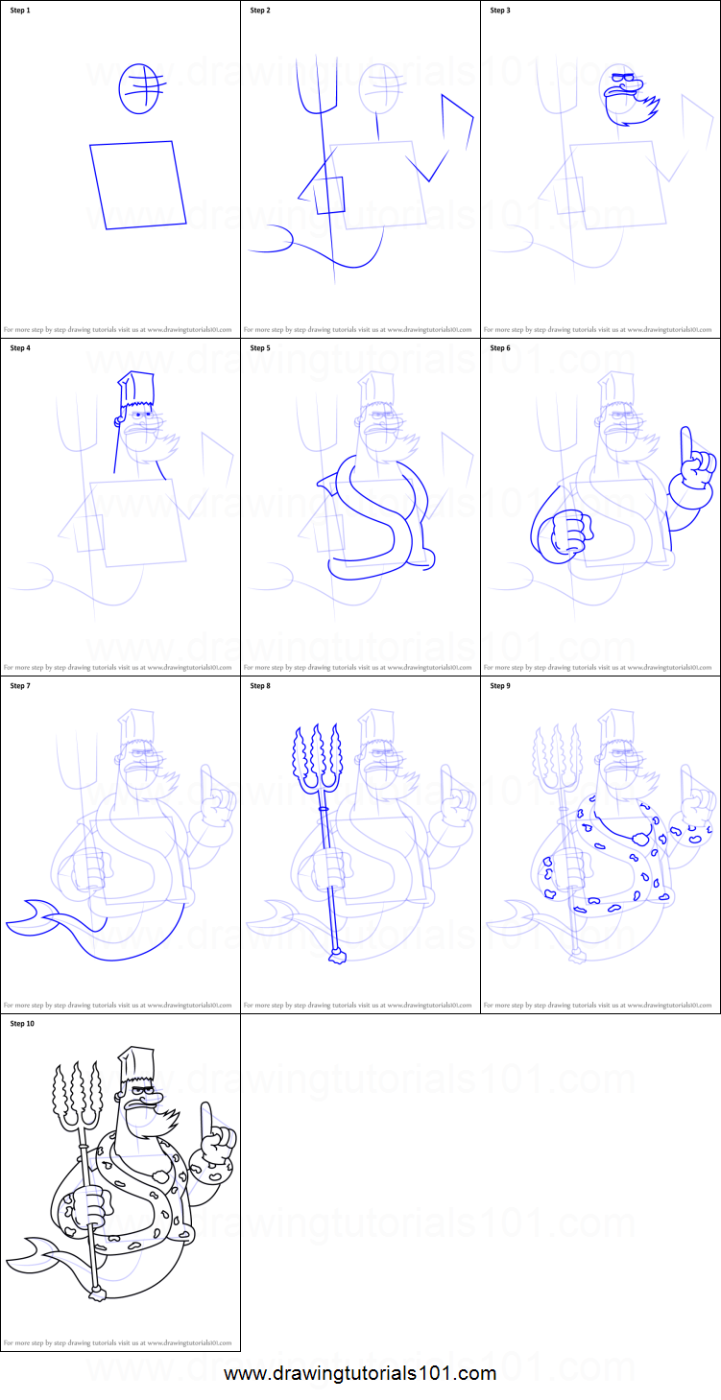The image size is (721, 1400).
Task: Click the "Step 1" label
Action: [x=20, y=11]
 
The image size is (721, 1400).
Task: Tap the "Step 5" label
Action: [x=260, y=348]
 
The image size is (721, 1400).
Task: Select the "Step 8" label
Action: [x=260, y=686]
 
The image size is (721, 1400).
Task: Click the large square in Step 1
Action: [x=138, y=185]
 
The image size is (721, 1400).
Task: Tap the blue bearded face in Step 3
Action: [x=629, y=102]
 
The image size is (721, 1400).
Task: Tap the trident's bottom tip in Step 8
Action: [x=337, y=956]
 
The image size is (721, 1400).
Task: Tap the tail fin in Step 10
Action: [x=29, y=1253]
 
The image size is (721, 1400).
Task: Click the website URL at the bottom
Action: [x=360, y=1373]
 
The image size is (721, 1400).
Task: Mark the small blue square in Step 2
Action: [x=329, y=195]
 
